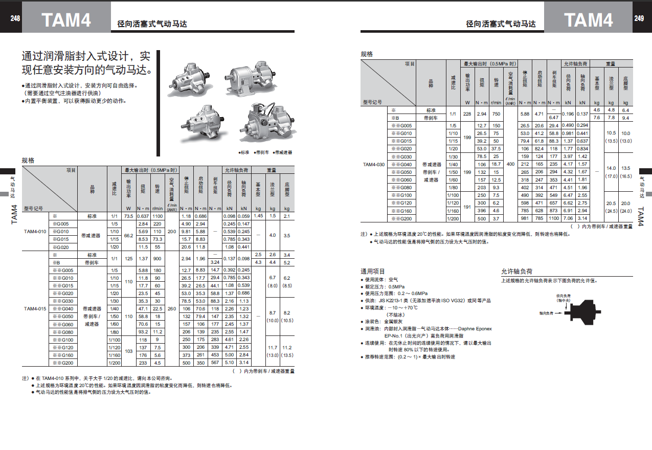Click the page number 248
15,18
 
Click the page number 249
639,18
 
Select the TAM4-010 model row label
35,232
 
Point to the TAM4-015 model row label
35,308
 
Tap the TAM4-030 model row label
374,164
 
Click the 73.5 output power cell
129,216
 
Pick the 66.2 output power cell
129,235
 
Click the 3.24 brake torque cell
215,262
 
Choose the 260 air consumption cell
172,308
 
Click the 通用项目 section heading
373,272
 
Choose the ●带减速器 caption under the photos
283,152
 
